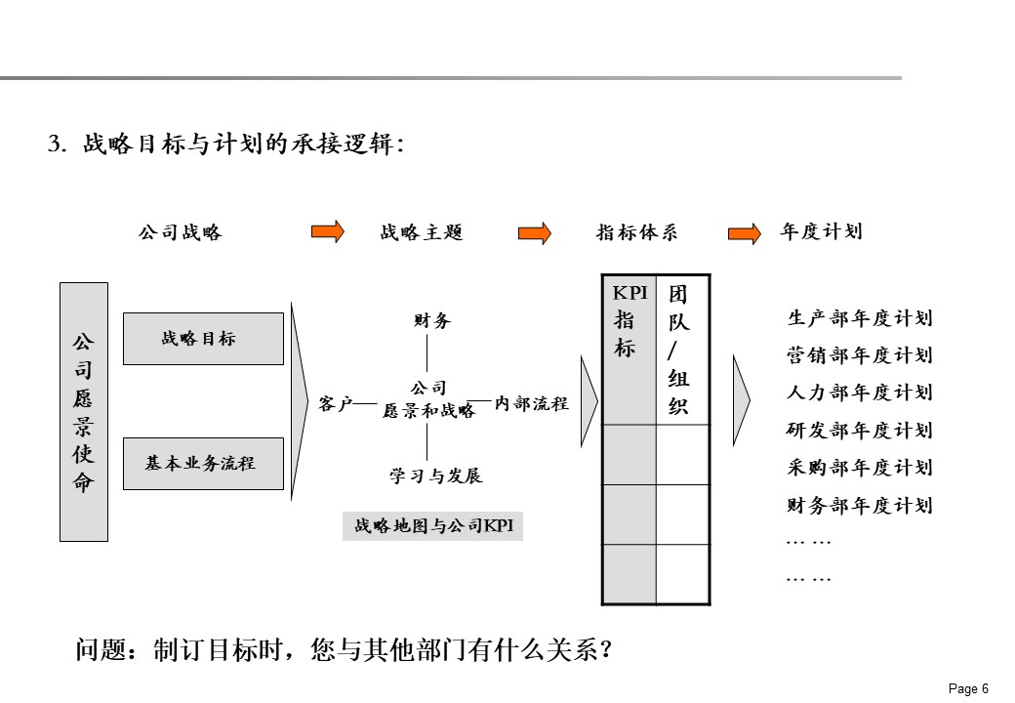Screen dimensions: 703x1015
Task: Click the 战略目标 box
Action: pyautogui.click(x=203, y=339)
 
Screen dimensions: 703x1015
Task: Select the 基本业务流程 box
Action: pyautogui.click(x=203, y=464)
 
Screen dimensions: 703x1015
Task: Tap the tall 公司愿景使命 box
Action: pyautogui.click(x=84, y=412)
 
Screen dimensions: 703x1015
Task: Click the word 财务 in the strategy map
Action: pyautogui.click(x=432, y=320)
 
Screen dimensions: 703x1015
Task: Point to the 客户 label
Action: pyautogui.click(x=335, y=402)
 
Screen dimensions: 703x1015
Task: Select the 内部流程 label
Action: pyautogui.click(x=531, y=402)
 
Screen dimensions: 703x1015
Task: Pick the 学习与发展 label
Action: pyautogui.click(x=436, y=476)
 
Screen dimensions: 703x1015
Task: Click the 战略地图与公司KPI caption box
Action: pyautogui.click(x=432, y=526)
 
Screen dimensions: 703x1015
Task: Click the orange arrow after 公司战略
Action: pyautogui.click(x=328, y=232)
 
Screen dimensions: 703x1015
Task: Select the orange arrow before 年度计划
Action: pyautogui.click(x=745, y=233)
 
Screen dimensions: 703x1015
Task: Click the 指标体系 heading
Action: pyautogui.click(x=636, y=232)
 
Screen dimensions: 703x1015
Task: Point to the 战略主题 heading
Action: pyautogui.click(x=422, y=232)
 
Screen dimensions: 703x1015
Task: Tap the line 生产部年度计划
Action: pyautogui.click(x=860, y=318)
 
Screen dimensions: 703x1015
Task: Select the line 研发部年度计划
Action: pyautogui.click(x=860, y=431)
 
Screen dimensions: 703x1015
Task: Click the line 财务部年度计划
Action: pyautogui.click(x=860, y=506)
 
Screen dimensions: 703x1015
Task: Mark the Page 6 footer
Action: pyautogui.click(x=968, y=688)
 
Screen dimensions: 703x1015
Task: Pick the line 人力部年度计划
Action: pyautogui.click(x=860, y=393)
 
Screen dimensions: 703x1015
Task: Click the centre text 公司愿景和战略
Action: pyautogui.click(x=429, y=400)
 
